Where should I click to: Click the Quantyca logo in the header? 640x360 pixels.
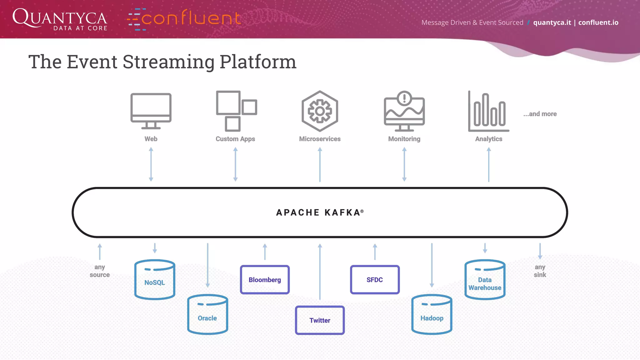click(60, 19)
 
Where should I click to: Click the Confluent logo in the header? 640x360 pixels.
click(184, 19)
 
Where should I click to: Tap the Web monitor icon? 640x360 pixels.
click(151, 111)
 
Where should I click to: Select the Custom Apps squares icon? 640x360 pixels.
click(236, 111)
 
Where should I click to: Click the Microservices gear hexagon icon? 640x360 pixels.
click(320, 111)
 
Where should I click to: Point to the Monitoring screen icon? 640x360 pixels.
click(404, 111)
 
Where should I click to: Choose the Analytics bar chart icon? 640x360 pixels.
click(488, 112)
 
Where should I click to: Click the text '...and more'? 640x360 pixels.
click(540, 114)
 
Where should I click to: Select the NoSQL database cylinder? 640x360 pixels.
click(155, 280)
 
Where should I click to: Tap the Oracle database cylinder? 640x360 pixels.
click(207, 314)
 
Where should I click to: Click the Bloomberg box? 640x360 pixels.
click(265, 280)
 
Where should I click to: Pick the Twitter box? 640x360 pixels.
click(320, 320)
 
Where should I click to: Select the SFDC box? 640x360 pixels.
click(375, 280)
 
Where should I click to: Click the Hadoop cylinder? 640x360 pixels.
click(432, 314)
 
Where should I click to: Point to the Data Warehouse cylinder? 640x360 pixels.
click(485, 280)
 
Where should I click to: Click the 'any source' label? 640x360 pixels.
click(100, 271)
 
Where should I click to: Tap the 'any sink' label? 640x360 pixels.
click(540, 271)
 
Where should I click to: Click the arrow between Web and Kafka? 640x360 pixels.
click(151, 164)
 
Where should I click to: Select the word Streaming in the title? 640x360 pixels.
click(168, 62)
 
